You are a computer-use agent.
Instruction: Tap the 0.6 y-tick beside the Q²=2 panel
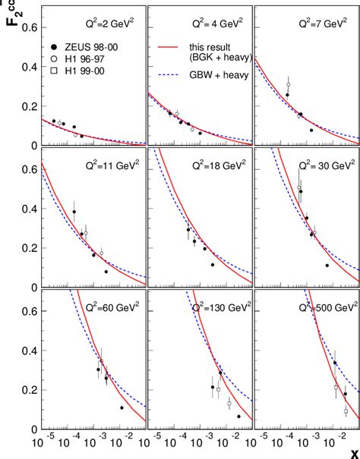[x=27, y=27]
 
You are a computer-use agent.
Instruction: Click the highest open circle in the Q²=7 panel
[x=289, y=84]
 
